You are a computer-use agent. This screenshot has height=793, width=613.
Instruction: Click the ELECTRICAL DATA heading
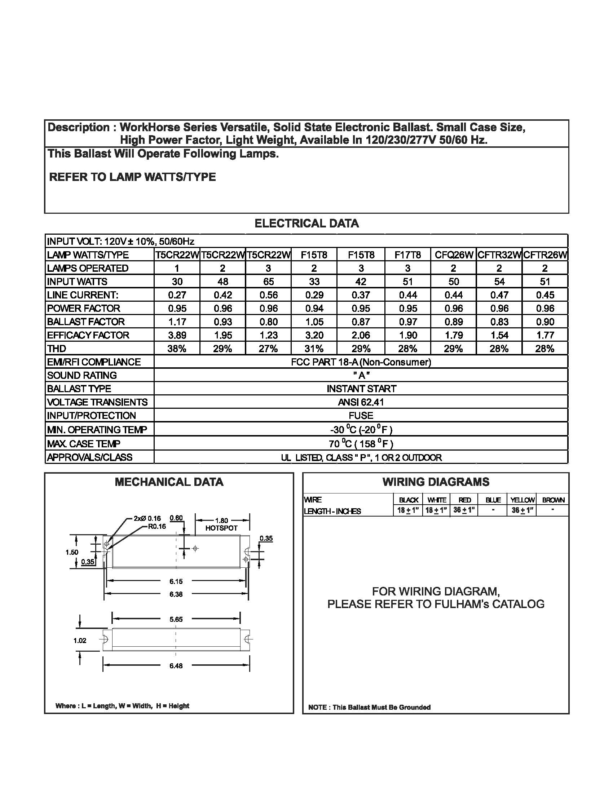tap(306, 223)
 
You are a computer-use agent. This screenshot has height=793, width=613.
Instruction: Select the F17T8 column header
tap(407, 255)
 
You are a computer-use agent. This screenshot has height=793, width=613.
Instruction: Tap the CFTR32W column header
tap(499, 255)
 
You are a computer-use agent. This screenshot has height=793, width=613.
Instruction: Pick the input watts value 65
tap(268, 282)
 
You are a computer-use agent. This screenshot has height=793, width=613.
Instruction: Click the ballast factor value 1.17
tap(177, 322)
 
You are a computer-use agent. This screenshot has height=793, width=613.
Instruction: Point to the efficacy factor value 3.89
tap(177, 335)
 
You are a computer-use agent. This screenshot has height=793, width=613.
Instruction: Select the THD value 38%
tap(177, 349)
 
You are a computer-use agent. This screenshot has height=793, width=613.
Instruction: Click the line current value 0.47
tap(499, 295)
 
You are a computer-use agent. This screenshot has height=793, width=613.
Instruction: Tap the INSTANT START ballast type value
tap(361, 389)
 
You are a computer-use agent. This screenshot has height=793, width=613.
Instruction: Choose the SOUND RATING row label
tap(82, 376)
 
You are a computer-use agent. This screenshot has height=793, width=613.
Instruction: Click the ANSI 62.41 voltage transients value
tap(361, 402)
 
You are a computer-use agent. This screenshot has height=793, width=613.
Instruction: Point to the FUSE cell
tap(361, 416)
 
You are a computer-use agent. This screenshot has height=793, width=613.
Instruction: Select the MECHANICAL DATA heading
tap(169, 482)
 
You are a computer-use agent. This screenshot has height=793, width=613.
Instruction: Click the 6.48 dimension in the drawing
tap(176, 666)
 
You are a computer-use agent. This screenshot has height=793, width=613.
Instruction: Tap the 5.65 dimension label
tap(176, 619)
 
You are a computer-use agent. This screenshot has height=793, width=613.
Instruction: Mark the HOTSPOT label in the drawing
tap(221, 528)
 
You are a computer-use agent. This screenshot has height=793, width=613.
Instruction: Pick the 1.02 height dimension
tap(80, 641)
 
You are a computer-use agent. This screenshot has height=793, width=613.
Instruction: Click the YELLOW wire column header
tap(522, 500)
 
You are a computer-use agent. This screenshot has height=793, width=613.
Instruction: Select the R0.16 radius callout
tap(156, 526)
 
